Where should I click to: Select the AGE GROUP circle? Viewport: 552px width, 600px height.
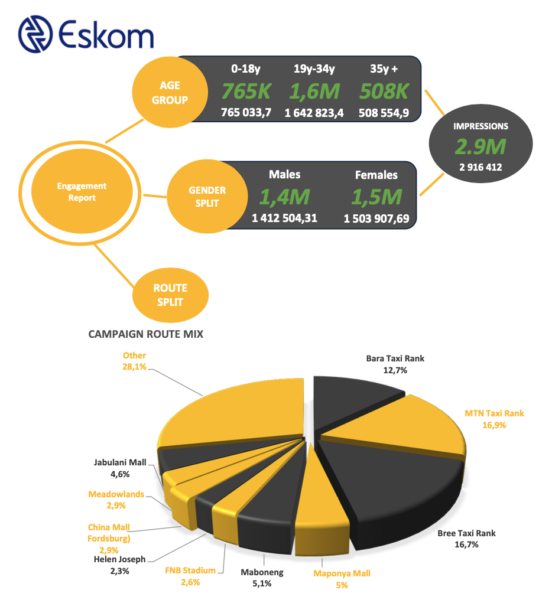click(170, 93)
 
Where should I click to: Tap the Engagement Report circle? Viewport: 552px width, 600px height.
click(82, 192)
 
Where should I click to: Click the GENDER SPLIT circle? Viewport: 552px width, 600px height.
click(206, 197)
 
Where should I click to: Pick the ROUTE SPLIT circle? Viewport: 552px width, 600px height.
click(170, 295)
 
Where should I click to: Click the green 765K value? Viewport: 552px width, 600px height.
click(246, 92)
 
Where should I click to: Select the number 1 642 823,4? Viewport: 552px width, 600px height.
click(314, 113)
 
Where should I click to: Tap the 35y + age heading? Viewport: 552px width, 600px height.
click(384, 69)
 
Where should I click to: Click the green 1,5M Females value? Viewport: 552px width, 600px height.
click(376, 197)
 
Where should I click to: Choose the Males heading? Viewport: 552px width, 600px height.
click(284, 174)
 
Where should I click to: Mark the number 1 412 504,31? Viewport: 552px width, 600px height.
click(284, 219)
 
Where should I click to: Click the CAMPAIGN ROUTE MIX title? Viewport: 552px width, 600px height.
click(145, 334)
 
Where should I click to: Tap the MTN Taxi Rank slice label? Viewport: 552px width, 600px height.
click(494, 419)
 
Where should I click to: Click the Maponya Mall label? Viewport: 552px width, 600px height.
click(342, 579)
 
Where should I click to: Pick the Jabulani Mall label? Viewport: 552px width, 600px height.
click(119, 468)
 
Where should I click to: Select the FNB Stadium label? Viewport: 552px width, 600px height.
click(190, 576)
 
